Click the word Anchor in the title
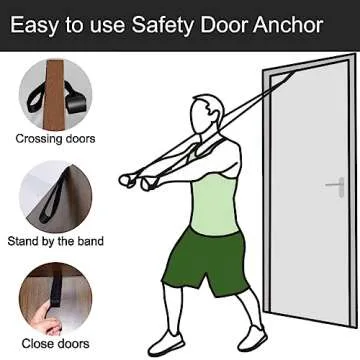pos(288,25)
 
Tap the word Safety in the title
pos(163,26)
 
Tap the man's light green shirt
pos(215,203)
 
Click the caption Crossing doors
pos(55,139)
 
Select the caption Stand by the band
pos(56,241)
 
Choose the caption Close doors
pos(56,344)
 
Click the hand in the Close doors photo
pos(47,320)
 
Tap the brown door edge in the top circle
pos(54,95)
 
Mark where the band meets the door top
pos(293,73)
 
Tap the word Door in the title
pos(224,25)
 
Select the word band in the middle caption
pos(91,241)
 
